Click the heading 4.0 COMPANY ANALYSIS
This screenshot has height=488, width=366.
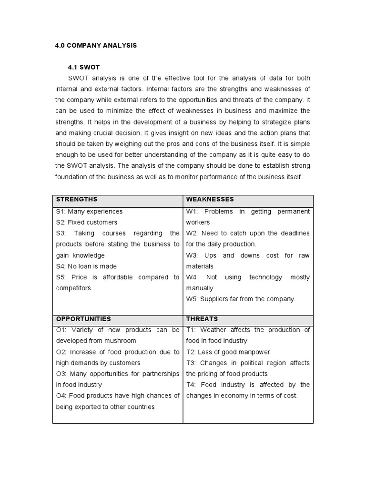(96, 45)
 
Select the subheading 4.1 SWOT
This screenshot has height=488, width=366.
(84, 67)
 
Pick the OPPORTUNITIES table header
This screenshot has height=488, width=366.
(83, 319)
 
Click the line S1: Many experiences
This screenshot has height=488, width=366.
(89, 212)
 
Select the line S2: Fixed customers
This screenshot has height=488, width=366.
(86, 223)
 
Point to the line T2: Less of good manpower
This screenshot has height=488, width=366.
(228, 352)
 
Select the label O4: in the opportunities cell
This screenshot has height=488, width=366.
(62, 396)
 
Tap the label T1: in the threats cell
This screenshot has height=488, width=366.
(191, 330)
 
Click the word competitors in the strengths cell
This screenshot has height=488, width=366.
(73, 288)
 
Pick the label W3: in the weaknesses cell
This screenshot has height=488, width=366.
(192, 255)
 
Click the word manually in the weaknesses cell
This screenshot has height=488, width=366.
(200, 288)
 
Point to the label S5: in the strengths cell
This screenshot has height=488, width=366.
(61, 277)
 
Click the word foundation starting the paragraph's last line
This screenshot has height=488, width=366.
(71, 177)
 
